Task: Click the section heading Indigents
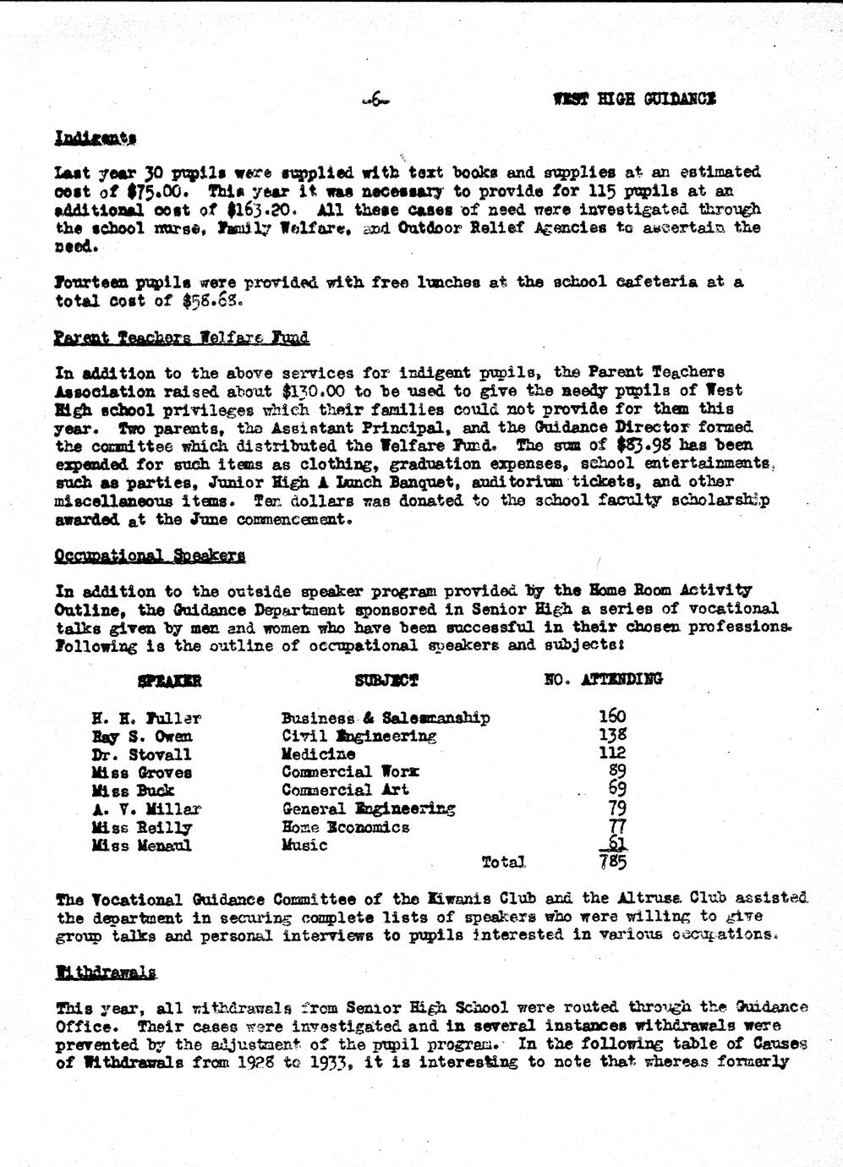(96, 138)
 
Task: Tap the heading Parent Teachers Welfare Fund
(182, 338)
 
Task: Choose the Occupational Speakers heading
(151, 556)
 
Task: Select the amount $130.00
(300, 391)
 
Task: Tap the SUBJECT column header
(386, 680)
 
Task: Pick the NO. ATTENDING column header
(603, 678)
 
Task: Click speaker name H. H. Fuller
(146, 719)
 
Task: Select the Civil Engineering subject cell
(359, 737)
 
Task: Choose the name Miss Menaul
(142, 846)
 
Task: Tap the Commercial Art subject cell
(345, 791)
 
